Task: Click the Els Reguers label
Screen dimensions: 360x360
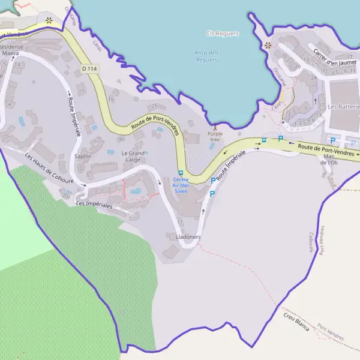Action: coord(223,34)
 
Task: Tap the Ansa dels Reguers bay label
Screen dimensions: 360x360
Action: coord(206,56)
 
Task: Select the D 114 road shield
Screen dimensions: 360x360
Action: coord(89,69)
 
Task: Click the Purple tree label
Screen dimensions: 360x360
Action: coord(214,136)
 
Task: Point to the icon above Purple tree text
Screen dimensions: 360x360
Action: coord(214,127)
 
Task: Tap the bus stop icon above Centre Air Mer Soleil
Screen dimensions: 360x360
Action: coord(181,173)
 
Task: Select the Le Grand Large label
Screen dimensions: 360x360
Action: coord(134,156)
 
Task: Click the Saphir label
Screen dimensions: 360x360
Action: coord(82,156)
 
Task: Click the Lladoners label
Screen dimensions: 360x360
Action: coord(188,237)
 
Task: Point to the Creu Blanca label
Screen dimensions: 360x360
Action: coord(296,325)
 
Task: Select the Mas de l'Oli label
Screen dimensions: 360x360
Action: coord(329,160)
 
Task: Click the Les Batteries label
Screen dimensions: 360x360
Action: coord(340,106)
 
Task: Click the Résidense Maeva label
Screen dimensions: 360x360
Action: coord(11,49)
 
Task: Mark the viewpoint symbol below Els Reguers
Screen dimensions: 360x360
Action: coord(268,45)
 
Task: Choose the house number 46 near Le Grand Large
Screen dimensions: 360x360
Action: coord(121,139)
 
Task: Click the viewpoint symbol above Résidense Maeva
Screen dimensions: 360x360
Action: coord(49,20)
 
